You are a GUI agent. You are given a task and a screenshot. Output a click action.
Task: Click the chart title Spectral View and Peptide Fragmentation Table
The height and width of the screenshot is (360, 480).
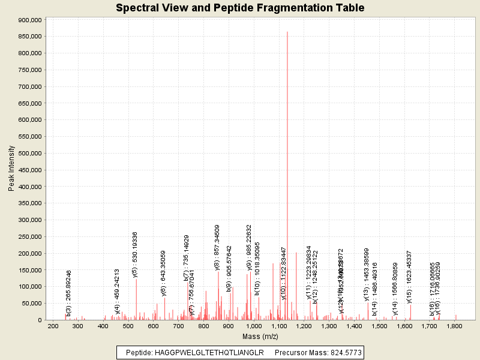tap(240, 8)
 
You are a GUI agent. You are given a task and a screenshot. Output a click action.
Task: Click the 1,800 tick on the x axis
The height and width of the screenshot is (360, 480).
tap(454, 326)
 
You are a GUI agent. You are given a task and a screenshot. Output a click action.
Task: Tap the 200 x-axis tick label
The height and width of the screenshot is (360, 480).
tap(53, 326)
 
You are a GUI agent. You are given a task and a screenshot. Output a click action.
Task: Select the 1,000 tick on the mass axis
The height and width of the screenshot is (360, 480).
tap(254, 326)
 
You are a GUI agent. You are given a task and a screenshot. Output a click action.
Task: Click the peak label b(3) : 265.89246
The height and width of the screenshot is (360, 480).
tap(68, 293)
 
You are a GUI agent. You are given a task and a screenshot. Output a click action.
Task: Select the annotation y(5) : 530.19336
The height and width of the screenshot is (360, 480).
tap(135, 254)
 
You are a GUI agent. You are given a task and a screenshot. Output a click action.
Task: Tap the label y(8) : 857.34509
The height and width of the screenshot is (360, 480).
tap(217, 248)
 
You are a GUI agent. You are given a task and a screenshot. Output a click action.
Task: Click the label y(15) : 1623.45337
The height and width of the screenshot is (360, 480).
tap(409, 277)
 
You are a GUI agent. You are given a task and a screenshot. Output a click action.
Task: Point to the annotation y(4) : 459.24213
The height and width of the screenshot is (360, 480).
tap(118, 292)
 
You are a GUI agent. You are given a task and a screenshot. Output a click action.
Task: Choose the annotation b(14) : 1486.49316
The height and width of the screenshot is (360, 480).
tap(374, 289)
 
